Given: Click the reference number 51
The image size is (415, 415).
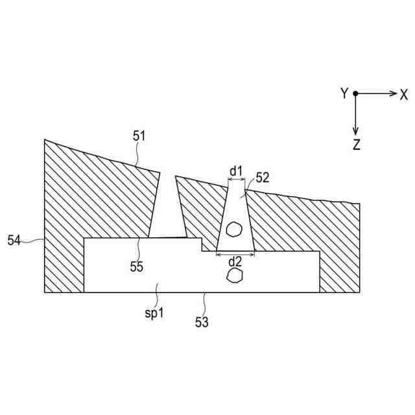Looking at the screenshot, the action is [x=139, y=136].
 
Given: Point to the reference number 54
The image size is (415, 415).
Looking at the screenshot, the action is [x=14, y=241].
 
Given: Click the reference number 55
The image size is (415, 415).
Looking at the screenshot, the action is [x=136, y=266].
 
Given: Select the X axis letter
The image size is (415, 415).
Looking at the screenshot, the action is [x=403, y=94].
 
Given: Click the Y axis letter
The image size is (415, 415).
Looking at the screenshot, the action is [x=344, y=94].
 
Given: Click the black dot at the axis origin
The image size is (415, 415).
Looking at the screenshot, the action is [x=355, y=94].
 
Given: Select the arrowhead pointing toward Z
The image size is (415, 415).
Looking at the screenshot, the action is [x=355, y=130].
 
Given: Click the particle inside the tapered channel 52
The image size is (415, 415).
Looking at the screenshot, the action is [x=234, y=228].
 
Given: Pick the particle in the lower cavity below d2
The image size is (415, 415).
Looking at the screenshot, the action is [x=234, y=276].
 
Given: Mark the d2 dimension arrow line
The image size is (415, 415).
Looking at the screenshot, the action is [x=235, y=256].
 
